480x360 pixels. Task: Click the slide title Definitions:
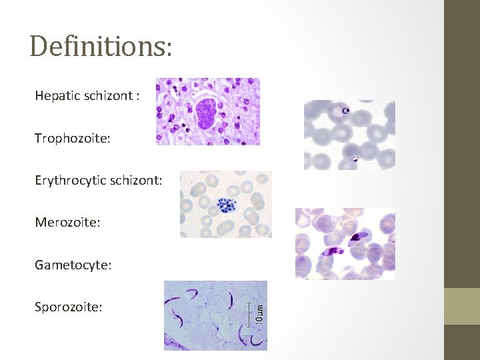tap(101, 47)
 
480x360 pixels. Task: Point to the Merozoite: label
tap(67, 222)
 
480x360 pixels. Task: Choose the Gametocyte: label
tap(73, 265)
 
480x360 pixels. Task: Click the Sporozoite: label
tap(69, 307)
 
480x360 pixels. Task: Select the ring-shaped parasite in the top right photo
tap(345, 111)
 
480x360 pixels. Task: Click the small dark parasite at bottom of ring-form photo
tap(354, 160)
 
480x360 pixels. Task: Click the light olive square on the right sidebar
tap(462, 306)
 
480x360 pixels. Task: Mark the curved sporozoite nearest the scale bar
tap(230, 301)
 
